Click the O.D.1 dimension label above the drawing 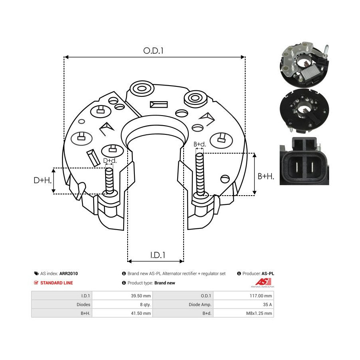(153, 51)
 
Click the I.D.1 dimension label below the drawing (158, 255)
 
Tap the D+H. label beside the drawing (42, 180)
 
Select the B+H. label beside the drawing (266, 176)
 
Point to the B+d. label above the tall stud (200, 144)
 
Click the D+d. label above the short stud (110, 161)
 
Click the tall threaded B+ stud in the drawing (200, 175)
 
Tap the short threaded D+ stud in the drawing (109, 181)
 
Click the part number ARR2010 (69, 274)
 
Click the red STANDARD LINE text (56, 283)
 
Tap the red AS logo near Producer (263, 282)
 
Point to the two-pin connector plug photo (304, 161)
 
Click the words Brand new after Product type (165, 283)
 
